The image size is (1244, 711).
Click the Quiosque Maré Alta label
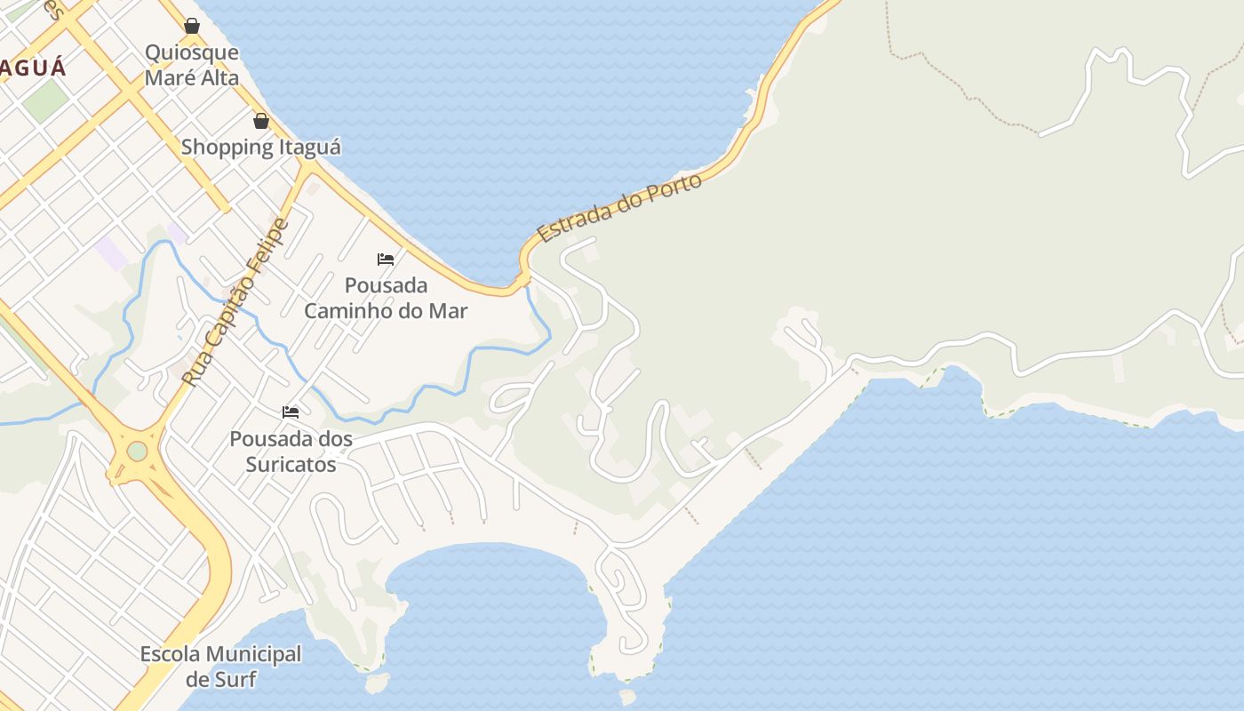pyautogui.click(x=192, y=65)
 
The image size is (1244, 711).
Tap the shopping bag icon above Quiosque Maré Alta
pyautogui.click(x=192, y=26)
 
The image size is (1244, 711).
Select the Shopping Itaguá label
pyautogui.click(x=261, y=147)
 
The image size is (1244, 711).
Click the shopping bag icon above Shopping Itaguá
pyautogui.click(x=261, y=120)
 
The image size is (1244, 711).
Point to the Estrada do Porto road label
pyautogui.click(x=620, y=207)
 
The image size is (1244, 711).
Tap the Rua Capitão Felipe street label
pyautogui.click(x=235, y=302)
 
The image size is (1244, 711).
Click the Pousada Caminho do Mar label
pyautogui.click(x=386, y=298)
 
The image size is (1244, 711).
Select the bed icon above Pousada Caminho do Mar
pyautogui.click(x=386, y=260)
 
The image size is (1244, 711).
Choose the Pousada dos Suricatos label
pyautogui.click(x=291, y=451)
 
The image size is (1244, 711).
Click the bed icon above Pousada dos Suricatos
pyautogui.click(x=291, y=411)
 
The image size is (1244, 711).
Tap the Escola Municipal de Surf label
pyautogui.click(x=221, y=667)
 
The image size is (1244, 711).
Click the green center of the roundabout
pyautogui.click(x=137, y=451)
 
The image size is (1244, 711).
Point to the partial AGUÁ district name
pyautogui.click(x=33, y=68)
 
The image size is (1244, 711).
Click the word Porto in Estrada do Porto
pyautogui.click(x=673, y=188)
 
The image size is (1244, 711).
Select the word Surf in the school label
pyautogui.click(x=235, y=680)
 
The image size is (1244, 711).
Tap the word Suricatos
pyautogui.click(x=291, y=463)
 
